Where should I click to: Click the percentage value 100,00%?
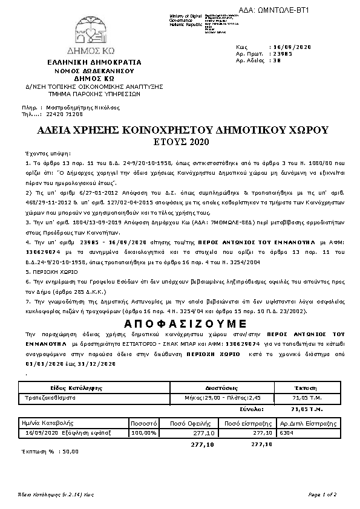(x=144, y=433)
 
